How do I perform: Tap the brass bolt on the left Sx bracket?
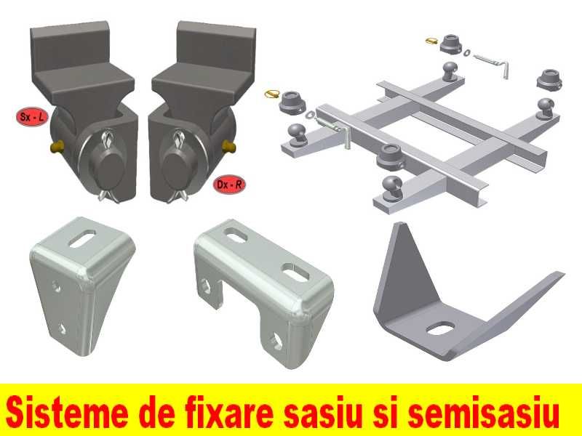(x=56, y=148)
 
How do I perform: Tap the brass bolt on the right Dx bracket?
(x=231, y=148)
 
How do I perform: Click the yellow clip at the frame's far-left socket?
(x=273, y=93)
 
